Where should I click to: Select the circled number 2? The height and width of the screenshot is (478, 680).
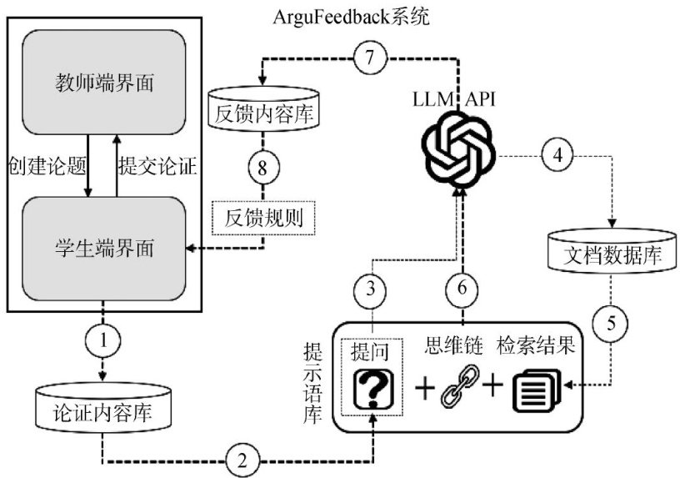pyautogui.click(x=241, y=459)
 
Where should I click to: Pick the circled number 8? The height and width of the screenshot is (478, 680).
pyautogui.click(x=263, y=166)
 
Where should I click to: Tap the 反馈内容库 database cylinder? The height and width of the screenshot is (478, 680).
pyautogui.click(x=263, y=111)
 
